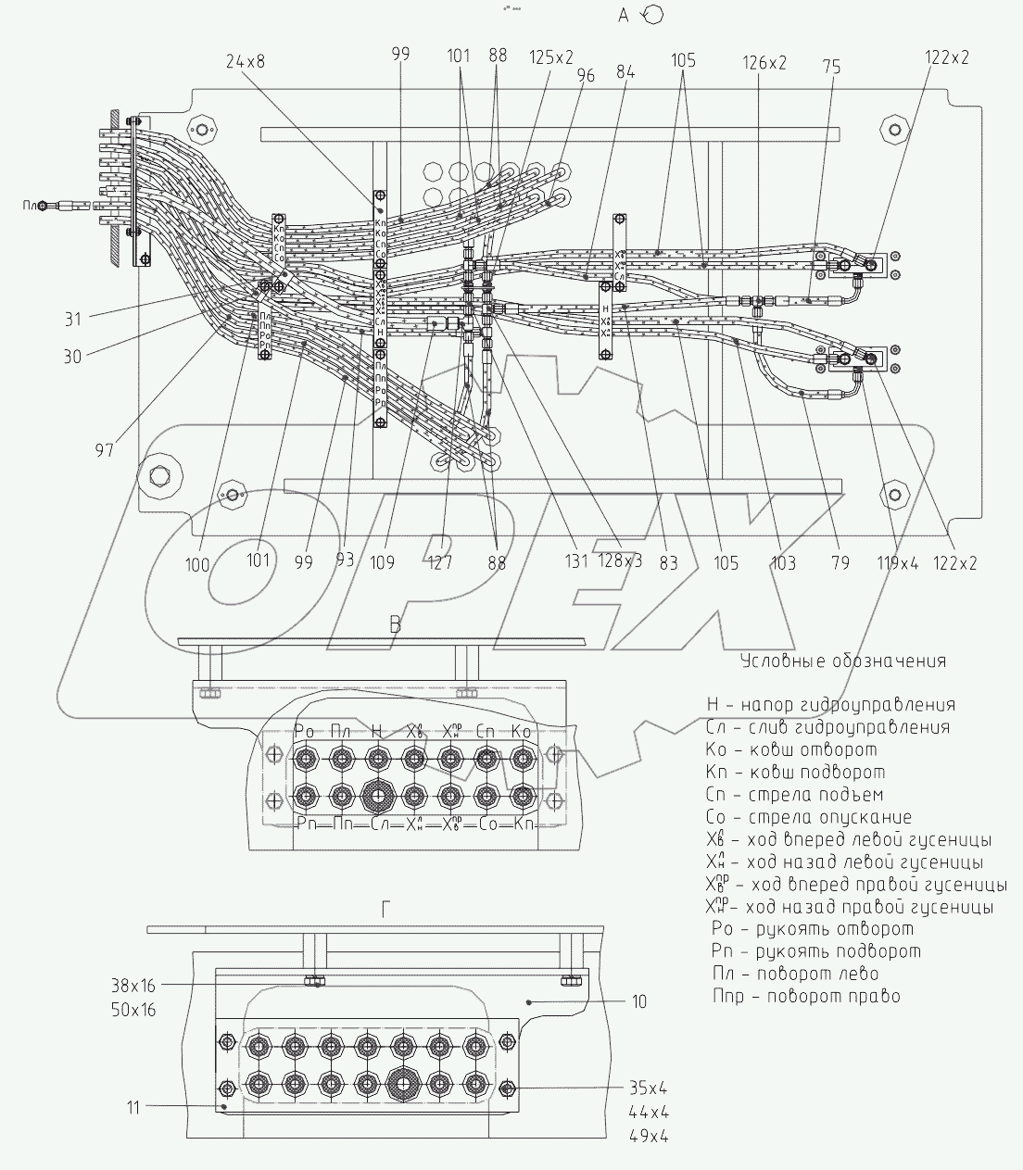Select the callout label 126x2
[x=764, y=62]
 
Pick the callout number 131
[x=575, y=562]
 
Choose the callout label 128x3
[x=619, y=562]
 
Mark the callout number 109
[x=382, y=562]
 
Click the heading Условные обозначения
[x=843, y=660]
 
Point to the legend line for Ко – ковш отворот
[x=790, y=749]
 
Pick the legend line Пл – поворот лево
[x=795, y=974]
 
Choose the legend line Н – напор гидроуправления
[x=830, y=705]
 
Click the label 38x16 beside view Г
[x=131, y=988]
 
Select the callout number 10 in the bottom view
[x=638, y=1001]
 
